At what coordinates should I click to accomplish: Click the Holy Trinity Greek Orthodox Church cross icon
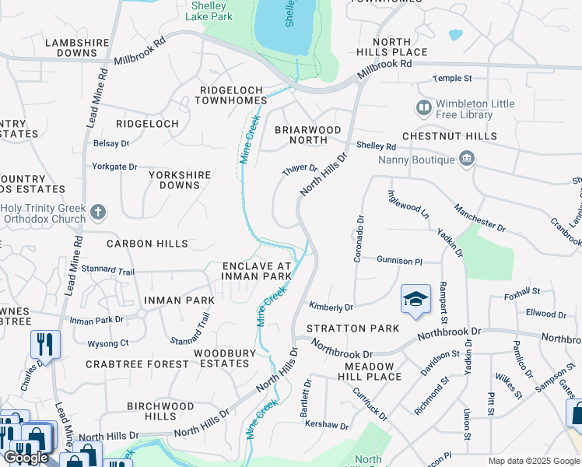(98, 211)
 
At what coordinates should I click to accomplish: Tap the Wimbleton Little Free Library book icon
(424, 107)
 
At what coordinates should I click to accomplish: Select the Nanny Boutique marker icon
(466, 159)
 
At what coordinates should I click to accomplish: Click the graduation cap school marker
(415, 300)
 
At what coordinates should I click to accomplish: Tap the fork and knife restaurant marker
(44, 344)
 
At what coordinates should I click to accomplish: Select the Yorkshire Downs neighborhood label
(179, 180)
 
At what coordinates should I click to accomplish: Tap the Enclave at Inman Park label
(256, 270)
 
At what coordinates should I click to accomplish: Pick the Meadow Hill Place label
(373, 371)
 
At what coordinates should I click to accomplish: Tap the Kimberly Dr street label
(331, 307)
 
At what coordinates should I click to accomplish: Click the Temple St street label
(453, 79)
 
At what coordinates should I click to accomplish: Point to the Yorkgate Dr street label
(114, 167)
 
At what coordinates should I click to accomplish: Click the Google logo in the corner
(26, 458)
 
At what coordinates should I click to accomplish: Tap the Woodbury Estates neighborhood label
(225, 358)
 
